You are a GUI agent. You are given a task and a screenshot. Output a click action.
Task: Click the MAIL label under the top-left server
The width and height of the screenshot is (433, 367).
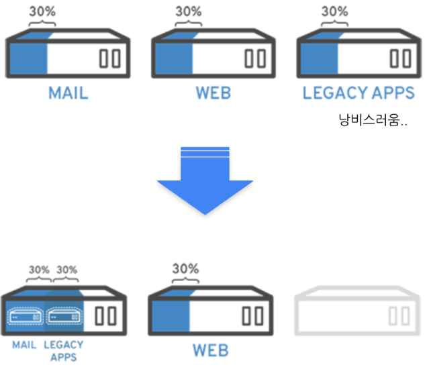coord(68,93)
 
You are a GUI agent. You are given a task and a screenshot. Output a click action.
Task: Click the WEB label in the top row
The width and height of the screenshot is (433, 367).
coord(213,93)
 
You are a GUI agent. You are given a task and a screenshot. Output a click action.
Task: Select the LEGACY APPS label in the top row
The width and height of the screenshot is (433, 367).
coord(358,93)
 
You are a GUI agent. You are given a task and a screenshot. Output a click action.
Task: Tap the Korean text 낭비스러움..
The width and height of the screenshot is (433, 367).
coord(374,121)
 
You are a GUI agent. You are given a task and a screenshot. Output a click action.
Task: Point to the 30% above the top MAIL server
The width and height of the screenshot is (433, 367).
coord(42,11)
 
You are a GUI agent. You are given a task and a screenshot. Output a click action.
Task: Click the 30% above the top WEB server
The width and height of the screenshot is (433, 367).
coord(188,11)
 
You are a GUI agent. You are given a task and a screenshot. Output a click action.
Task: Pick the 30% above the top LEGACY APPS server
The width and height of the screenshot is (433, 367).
coord(334,11)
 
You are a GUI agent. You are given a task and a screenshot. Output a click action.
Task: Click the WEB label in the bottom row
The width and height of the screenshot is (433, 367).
coord(210,350)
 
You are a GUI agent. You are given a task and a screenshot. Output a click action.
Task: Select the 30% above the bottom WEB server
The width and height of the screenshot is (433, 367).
coord(185,268)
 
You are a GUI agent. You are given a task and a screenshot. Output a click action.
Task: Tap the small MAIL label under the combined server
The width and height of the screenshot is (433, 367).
coord(24,345)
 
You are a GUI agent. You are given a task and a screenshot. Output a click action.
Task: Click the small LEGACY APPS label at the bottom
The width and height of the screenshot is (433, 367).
coord(64,350)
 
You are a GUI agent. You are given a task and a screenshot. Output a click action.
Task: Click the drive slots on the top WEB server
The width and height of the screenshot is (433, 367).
coord(256,58)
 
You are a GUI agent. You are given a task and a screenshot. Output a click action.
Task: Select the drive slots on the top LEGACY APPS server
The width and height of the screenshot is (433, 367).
coord(402,58)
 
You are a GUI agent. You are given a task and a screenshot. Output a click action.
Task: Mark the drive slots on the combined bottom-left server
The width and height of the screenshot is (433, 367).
coord(105,316)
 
